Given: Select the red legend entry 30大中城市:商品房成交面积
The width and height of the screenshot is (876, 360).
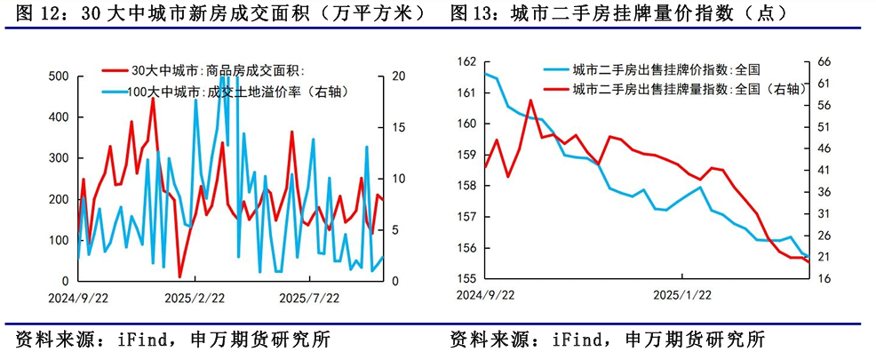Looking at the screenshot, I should tap(218, 70).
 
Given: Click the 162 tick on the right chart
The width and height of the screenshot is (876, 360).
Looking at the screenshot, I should tap(468, 62).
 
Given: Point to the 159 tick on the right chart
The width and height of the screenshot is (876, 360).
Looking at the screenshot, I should tap(468, 155).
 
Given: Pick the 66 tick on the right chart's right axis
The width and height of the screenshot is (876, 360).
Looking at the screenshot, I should tap(823, 62).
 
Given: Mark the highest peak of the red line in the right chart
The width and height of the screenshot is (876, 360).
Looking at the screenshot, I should tap(530, 100).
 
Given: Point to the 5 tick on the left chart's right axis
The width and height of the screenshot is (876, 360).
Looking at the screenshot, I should tap(397, 230).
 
